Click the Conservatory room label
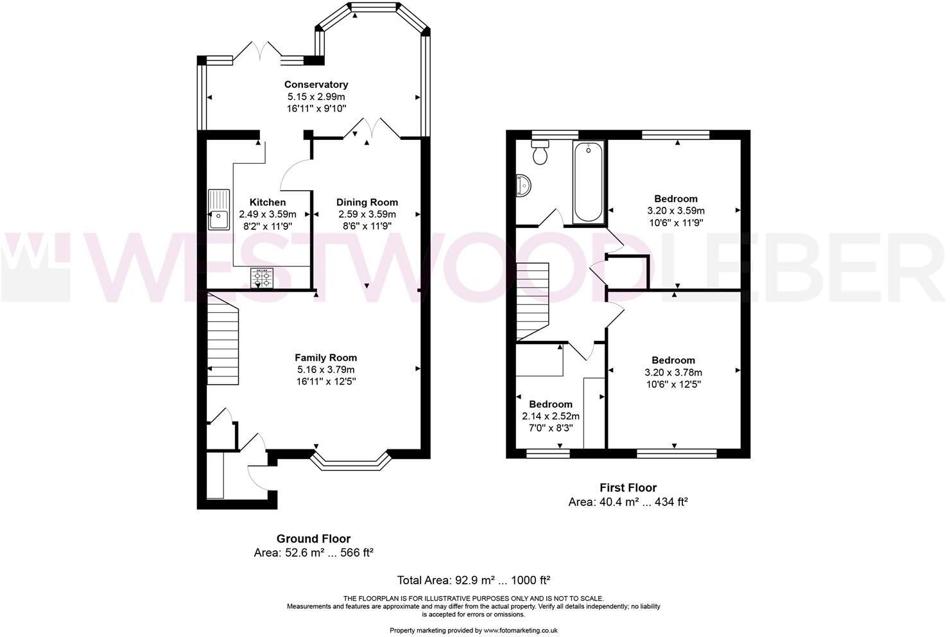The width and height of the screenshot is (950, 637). [x=316, y=84]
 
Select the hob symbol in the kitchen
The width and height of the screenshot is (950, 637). [x=262, y=278]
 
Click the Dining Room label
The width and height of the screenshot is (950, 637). [x=367, y=202]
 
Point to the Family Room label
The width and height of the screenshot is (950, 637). [x=325, y=358]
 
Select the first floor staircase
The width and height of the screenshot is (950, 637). [x=533, y=302]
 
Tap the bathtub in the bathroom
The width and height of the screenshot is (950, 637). [x=588, y=182]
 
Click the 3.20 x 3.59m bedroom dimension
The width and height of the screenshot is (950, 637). [x=675, y=211]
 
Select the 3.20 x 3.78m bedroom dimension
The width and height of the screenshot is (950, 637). [x=673, y=372]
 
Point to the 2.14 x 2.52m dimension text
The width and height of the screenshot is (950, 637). [x=551, y=416]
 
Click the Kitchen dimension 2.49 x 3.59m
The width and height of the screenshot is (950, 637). [x=268, y=214]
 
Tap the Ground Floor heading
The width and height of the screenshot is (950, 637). [x=313, y=539]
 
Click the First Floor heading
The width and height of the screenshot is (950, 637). [x=628, y=488]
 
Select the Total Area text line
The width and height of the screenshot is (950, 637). [x=474, y=580]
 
